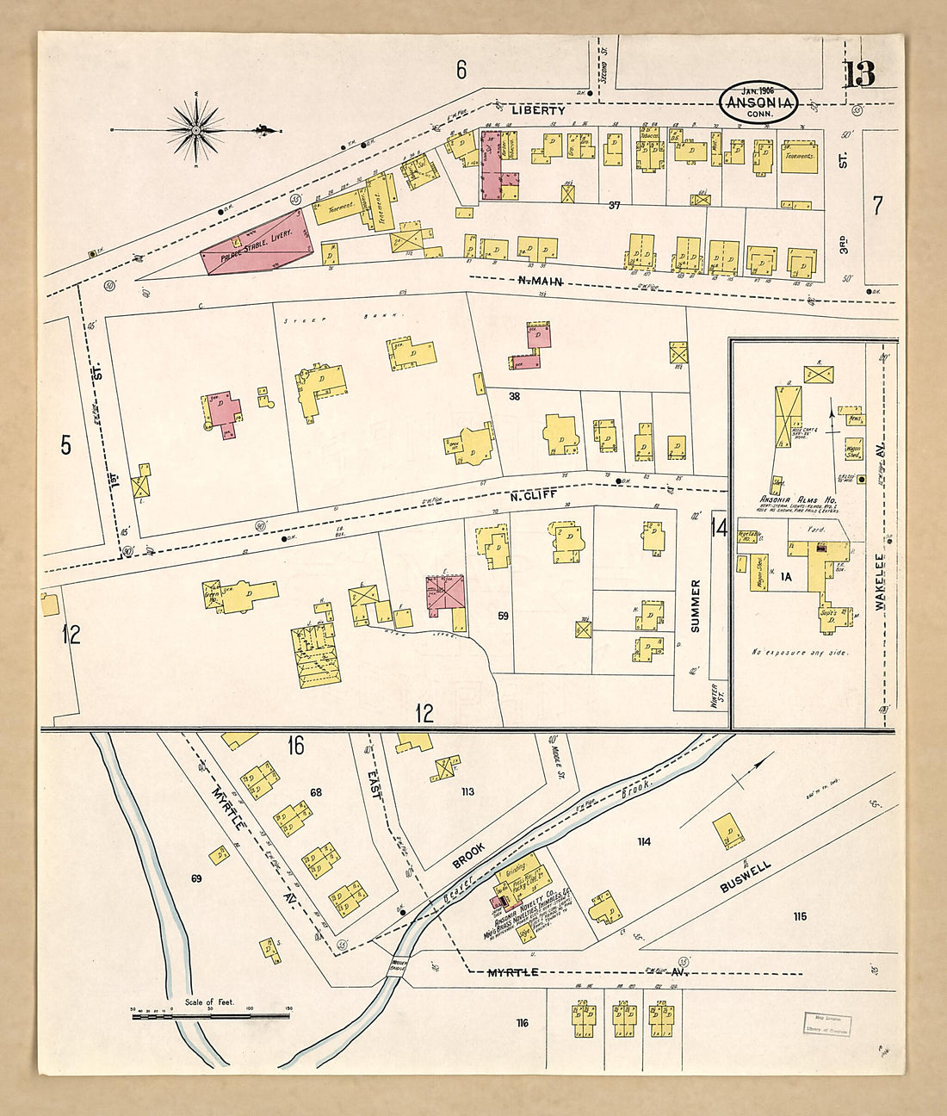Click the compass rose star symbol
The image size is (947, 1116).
(196, 130)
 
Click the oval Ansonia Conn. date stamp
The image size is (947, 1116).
(758, 102)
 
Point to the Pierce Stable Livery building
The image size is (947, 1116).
(257, 240)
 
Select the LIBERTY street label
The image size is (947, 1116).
(538, 110)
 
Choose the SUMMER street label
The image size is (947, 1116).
(696, 606)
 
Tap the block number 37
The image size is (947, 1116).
(614, 205)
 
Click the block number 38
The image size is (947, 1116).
(515, 397)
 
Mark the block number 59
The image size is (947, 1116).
(503, 617)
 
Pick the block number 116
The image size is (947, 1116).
(522, 1023)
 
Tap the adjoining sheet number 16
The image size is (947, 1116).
(295, 746)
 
